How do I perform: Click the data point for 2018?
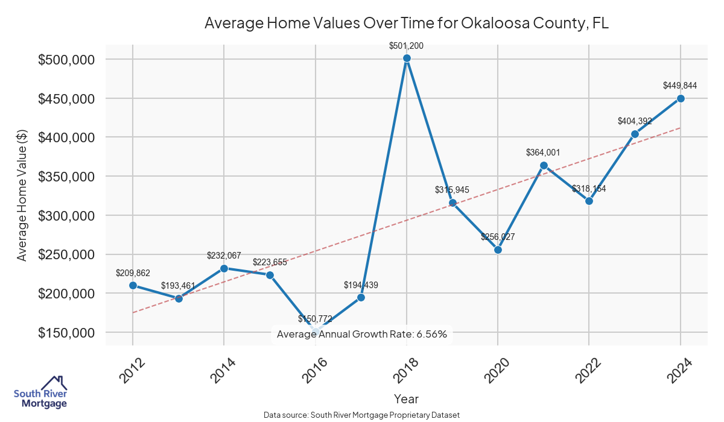pos(407,58)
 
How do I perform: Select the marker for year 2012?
pos(133,285)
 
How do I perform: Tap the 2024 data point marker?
pos(681,98)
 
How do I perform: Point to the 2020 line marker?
pos(498,250)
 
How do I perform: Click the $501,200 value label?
pos(407,45)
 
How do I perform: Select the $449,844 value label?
pos(680,86)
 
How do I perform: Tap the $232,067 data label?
pos(224,256)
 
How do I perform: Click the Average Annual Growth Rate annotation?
pos(362,334)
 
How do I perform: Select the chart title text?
pos(407,23)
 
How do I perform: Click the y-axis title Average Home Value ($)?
pos(22,197)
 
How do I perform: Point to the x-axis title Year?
pos(406,398)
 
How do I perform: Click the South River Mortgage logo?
pos(40,392)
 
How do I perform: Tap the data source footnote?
pos(362,415)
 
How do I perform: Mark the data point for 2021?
pos(544,165)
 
